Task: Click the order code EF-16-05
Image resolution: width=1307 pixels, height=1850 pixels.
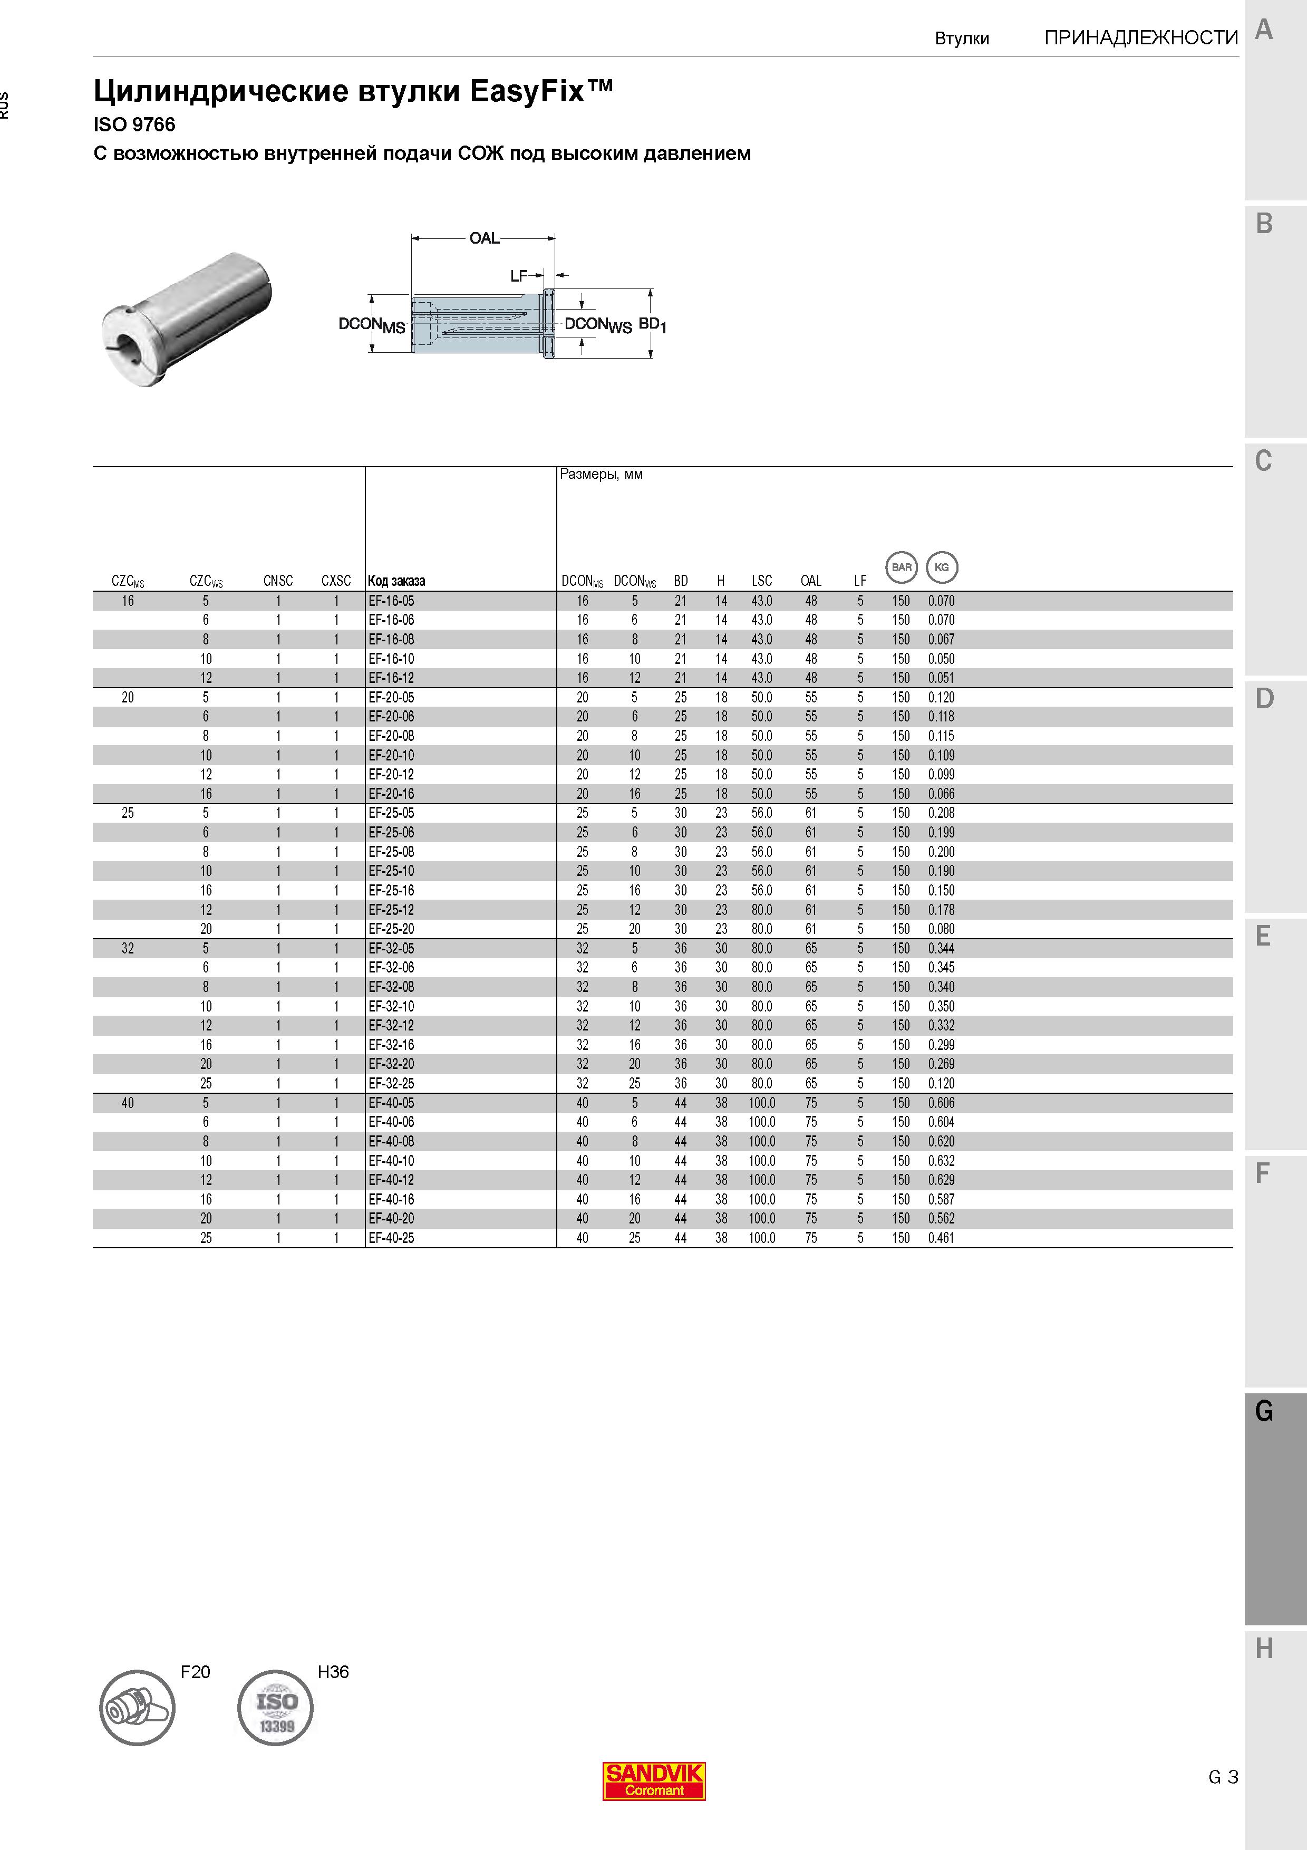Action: pyautogui.click(x=391, y=601)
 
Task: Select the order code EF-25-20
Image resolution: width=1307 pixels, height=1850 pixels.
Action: pyautogui.click(x=391, y=929)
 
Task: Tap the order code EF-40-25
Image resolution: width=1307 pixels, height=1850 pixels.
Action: pyautogui.click(x=391, y=1238)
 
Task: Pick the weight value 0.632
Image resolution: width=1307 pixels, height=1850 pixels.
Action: pyautogui.click(x=942, y=1161)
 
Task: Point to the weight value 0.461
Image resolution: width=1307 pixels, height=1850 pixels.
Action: pyautogui.click(x=942, y=1238)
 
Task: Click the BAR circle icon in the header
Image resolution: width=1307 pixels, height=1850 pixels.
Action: pyautogui.click(x=902, y=567)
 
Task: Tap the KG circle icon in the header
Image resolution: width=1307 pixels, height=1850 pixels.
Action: pyautogui.click(x=942, y=567)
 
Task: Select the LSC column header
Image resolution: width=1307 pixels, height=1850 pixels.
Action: pyautogui.click(x=762, y=581)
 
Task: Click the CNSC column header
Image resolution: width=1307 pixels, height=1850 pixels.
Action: pyautogui.click(x=278, y=581)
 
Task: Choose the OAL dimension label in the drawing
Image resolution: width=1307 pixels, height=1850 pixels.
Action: pyautogui.click(x=485, y=238)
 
